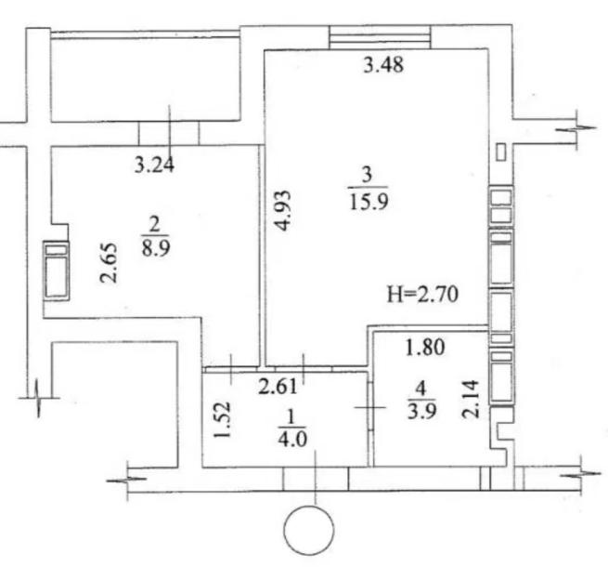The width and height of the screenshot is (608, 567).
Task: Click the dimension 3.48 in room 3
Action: pyautogui.click(x=383, y=65)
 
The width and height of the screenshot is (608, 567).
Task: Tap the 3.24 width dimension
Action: pyautogui.click(x=154, y=165)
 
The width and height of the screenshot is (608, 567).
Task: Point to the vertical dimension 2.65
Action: pyautogui.click(x=109, y=263)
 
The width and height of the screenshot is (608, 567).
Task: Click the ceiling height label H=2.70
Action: pyautogui.click(x=422, y=294)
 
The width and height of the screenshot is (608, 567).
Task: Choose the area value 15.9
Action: pyautogui.click(x=369, y=202)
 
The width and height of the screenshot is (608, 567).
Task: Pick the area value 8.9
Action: pyautogui.click(x=156, y=247)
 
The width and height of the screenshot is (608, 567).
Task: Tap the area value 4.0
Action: pyautogui.click(x=292, y=440)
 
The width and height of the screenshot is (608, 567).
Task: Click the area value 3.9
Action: pyautogui.click(x=421, y=411)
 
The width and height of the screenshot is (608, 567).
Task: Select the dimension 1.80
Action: pyautogui.click(x=425, y=348)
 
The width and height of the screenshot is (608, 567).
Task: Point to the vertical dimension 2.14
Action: pyautogui.click(x=471, y=400)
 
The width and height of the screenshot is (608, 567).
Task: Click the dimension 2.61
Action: pyautogui.click(x=278, y=387)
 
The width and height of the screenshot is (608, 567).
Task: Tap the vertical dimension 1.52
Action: pyautogui.click(x=223, y=419)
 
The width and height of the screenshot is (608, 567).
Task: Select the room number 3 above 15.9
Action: pyautogui.click(x=367, y=175)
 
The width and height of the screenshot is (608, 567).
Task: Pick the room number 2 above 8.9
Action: pyautogui.click(x=154, y=225)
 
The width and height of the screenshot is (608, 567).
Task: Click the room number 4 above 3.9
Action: pyautogui.click(x=421, y=389)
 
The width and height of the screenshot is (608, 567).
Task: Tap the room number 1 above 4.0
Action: pyautogui.click(x=291, y=417)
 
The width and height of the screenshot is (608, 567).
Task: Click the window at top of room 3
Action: pyautogui.click(x=380, y=37)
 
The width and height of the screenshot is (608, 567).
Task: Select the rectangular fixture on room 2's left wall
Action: pyautogui.click(x=57, y=270)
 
